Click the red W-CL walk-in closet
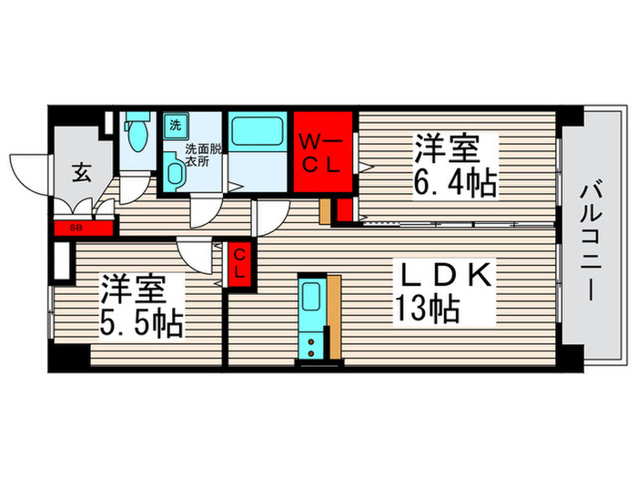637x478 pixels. point(321,152)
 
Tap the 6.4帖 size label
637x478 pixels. point(456,185)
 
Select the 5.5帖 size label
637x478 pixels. point(141,323)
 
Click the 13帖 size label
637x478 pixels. point(425,312)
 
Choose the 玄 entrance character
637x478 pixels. point(80,170)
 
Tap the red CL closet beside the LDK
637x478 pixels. point(238,265)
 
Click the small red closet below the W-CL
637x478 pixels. point(344,209)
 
